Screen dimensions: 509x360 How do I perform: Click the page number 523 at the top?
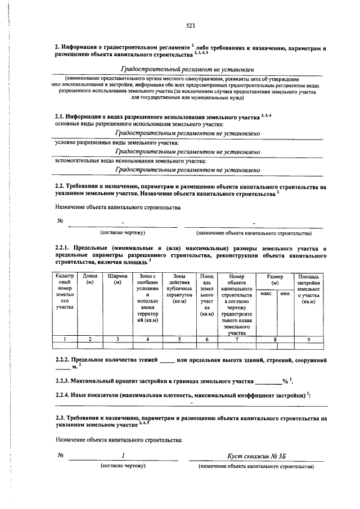(190, 25)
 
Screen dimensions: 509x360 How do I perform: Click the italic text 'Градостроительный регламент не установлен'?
(187, 68)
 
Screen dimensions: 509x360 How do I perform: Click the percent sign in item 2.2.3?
(285, 381)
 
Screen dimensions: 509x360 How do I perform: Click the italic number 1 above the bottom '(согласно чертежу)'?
(122, 456)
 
